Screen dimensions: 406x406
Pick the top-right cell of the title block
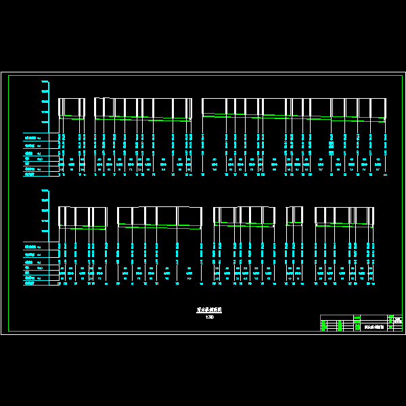[x=396, y=319]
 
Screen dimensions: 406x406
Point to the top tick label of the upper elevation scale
[x=45, y=83]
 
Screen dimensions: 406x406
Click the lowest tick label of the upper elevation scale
[x=45, y=122]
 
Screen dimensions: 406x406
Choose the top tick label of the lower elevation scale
[x=45, y=191]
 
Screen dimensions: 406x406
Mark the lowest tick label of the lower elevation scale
[x=45, y=231]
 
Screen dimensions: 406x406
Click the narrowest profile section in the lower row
[x=294, y=217]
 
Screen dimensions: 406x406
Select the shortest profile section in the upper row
[x=72, y=108]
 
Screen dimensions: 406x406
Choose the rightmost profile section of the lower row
[x=344, y=217]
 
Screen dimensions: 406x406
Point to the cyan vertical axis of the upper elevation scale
[x=49, y=102]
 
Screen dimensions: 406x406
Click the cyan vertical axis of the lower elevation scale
[x=49, y=211]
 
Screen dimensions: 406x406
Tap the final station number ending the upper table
[x=385, y=175]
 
